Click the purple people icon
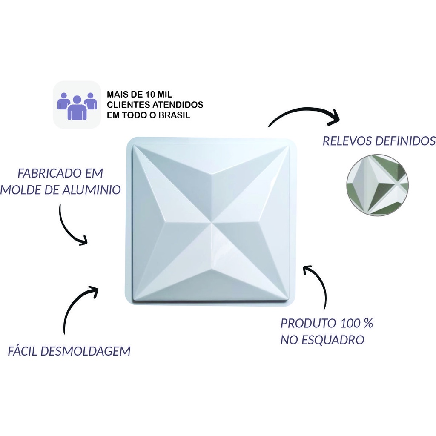[x=77, y=106]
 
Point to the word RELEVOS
[x=347, y=141]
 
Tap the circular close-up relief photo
[x=377, y=185]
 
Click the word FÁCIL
[x=23, y=351]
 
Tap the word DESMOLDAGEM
[x=86, y=351]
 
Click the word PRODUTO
[x=304, y=324]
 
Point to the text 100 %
[x=353, y=324]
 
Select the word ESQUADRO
[x=333, y=340]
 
